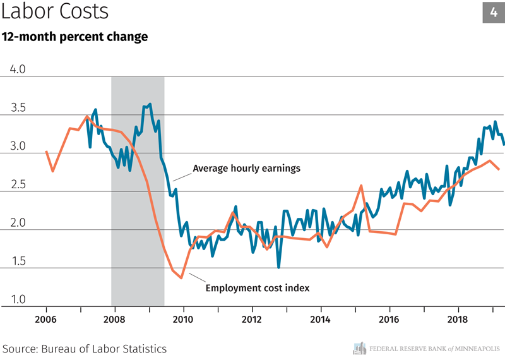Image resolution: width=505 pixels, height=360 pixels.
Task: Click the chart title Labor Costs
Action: click(55, 12)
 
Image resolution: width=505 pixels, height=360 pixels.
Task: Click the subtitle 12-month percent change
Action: click(74, 37)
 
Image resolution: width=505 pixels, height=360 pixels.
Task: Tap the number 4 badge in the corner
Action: click(493, 12)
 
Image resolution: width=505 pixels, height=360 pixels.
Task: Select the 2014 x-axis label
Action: click(321, 319)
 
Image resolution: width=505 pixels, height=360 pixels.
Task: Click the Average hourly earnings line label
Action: click(246, 169)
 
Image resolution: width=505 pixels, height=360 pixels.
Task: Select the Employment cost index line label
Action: click(258, 289)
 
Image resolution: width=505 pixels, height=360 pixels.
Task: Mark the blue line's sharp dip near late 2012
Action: click(278, 267)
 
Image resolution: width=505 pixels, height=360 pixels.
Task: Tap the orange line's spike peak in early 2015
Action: click(360, 186)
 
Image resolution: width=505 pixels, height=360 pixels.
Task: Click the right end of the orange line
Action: click(499, 169)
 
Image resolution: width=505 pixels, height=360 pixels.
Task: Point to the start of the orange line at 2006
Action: click(46, 152)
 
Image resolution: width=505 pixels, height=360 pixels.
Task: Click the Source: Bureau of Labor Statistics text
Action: click(85, 348)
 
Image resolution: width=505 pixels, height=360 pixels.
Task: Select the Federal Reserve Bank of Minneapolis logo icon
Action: click(359, 347)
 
